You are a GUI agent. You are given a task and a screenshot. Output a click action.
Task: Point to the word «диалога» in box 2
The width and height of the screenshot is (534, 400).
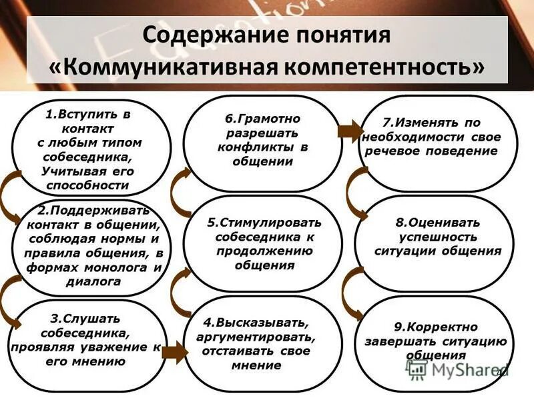93,281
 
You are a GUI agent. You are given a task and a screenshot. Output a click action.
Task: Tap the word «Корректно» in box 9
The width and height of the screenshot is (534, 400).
445,327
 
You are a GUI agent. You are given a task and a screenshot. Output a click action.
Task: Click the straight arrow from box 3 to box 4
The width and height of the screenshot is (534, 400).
172,352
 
